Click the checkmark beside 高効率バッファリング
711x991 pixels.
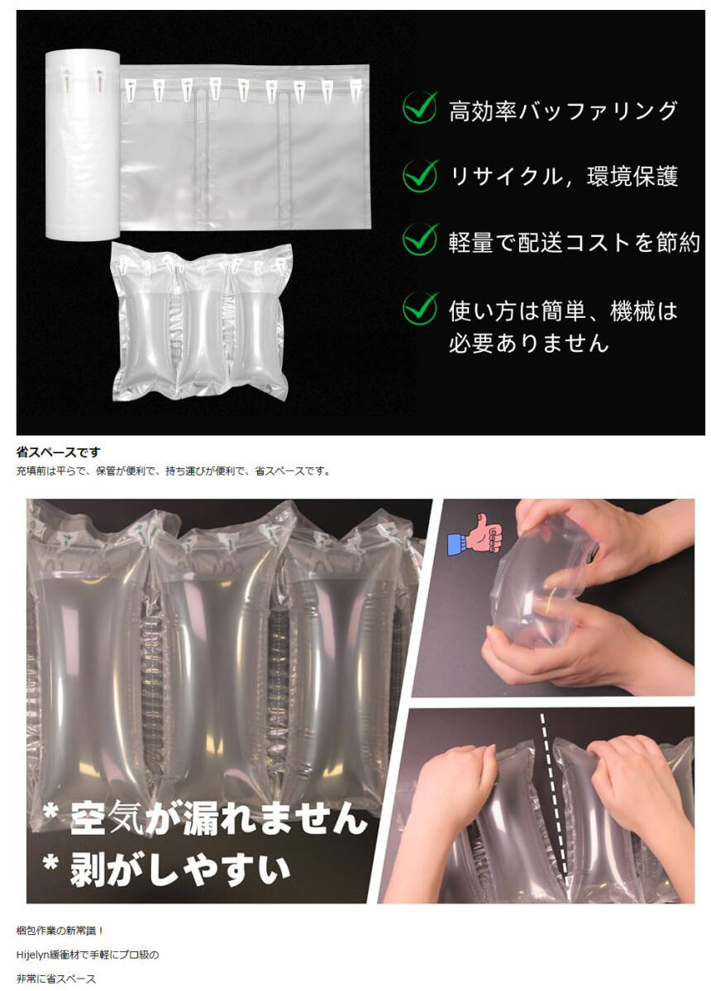(420, 109)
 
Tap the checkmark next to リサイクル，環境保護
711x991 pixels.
(420, 174)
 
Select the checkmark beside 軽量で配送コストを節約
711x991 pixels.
(420, 239)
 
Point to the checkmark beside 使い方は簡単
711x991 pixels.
(420, 308)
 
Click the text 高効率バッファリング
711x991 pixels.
(563, 111)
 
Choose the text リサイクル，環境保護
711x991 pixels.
(563, 176)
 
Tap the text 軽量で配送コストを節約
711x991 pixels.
(574, 241)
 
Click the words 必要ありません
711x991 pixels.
(528, 342)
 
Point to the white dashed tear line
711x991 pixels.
(552, 793)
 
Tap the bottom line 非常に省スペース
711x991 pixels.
(56, 979)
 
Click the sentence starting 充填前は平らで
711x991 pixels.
(174, 472)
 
